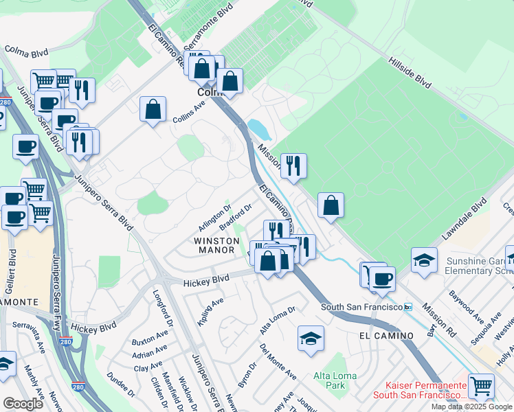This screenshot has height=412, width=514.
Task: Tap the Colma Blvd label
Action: (x=26, y=50)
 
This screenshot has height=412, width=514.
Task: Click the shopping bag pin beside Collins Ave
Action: (x=153, y=109)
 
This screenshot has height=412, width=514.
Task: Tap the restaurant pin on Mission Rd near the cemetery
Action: (x=293, y=165)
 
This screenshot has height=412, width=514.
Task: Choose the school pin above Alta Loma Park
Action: (x=311, y=338)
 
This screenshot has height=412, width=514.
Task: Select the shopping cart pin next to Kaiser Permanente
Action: (x=481, y=386)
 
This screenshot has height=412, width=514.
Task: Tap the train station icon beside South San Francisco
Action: (x=407, y=307)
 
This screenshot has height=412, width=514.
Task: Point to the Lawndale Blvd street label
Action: (x=465, y=219)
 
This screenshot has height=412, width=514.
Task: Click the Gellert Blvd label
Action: (x=12, y=270)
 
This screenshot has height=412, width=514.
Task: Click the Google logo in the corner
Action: (x=22, y=404)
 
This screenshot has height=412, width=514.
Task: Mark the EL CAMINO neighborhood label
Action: (x=385, y=336)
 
